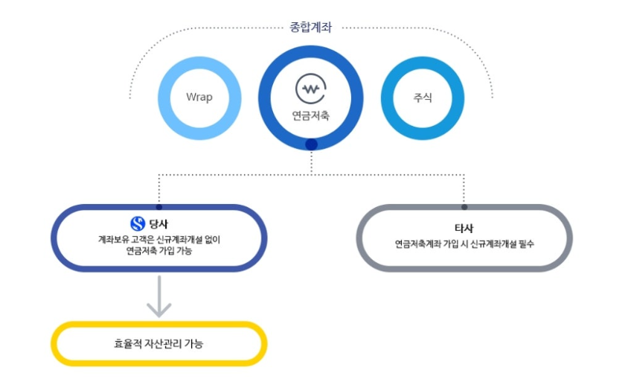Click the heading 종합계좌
click(310, 28)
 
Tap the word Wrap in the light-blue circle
click(199, 98)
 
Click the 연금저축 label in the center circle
click(310, 115)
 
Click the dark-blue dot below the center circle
click(311, 144)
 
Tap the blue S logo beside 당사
click(138, 223)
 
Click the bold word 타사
click(464, 228)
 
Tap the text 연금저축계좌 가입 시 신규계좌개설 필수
click(464, 243)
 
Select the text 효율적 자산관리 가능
click(158, 344)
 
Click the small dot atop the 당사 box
click(158, 206)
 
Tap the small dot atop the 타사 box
click(464, 206)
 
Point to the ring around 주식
click(387, 98)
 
